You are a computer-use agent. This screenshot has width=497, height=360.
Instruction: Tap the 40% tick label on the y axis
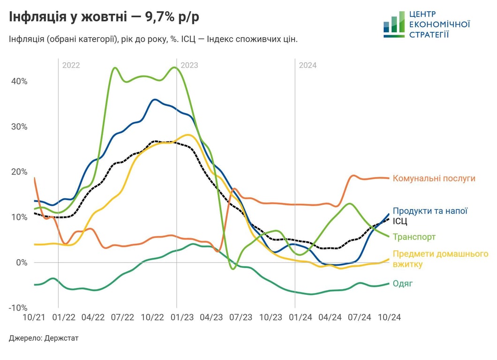pyautogui.click(x=19, y=81)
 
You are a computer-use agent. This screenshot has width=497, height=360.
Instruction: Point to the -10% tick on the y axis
pyautogui.click(x=18, y=307)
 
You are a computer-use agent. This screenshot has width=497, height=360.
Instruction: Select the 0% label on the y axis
pyautogui.click(x=22, y=262)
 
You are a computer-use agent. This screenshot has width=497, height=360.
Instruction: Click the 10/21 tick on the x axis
pyautogui.click(x=34, y=317)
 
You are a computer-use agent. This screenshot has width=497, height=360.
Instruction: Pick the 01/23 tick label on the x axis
pyautogui.click(x=182, y=317)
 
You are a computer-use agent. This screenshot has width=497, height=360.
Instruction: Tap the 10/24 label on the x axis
pyautogui.click(x=389, y=317)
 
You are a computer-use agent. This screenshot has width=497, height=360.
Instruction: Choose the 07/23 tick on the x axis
pyautogui.click(x=241, y=317)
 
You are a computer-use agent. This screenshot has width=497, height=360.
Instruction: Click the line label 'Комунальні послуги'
pyautogui.click(x=434, y=179)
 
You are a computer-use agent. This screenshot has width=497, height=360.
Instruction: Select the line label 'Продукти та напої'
pyautogui.click(x=430, y=211)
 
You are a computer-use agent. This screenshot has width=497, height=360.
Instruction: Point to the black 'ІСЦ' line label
pyautogui.click(x=400, y=221)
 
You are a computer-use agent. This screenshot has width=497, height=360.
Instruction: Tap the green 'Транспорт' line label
pyautogui.click(x=414, y=237)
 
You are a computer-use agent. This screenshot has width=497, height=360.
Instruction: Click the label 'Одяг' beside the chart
pyautogui.click(x=403, y=284)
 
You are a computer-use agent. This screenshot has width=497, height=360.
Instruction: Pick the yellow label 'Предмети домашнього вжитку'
pyautogui.click(x=440, y=259)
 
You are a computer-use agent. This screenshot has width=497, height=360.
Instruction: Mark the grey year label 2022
pyautogui.click(x=71, y=65)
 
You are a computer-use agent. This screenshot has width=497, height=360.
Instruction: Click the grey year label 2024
pyautogui.click(x=308, y=65)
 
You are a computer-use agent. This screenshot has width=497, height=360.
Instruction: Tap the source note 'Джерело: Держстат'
pyautogui.click(x=44, y=338)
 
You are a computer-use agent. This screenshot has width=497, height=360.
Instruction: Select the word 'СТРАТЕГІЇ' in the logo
pyautogui.click(x=429, y=34)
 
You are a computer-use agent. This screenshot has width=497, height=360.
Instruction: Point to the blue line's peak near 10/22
pyautogui.click(x=155, y=99)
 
